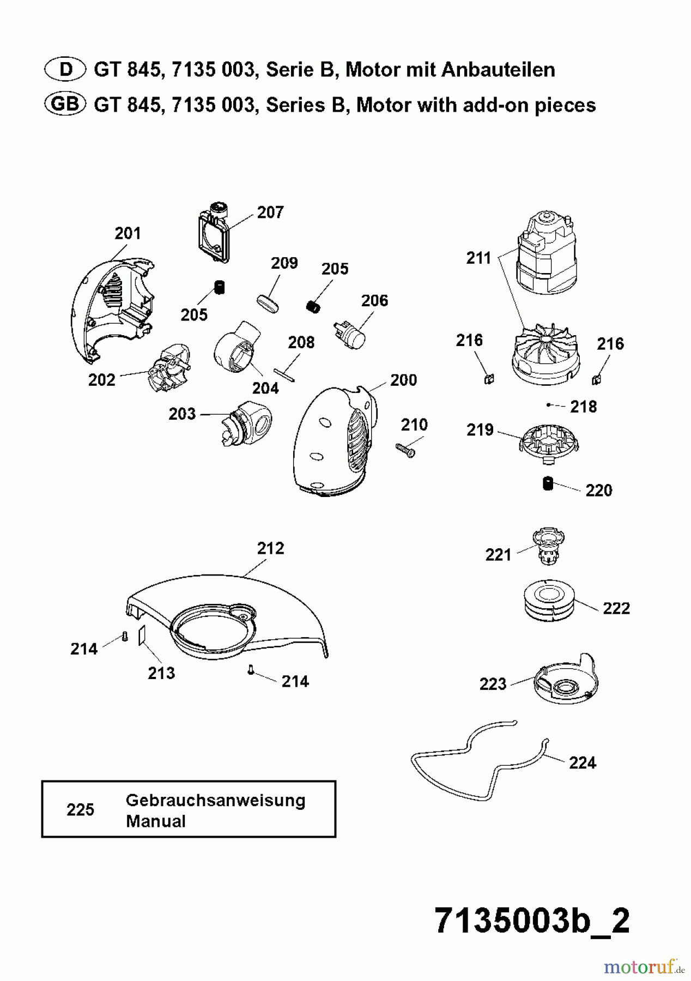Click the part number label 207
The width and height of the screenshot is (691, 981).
(x=270, y=212)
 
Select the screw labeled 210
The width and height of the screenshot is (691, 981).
(x=405, y=450)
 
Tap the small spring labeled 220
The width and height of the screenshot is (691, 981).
(x=548, y=483)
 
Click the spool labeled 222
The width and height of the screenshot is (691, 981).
(x=549, y=600)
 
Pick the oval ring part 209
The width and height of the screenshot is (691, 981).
(x=268, y=303)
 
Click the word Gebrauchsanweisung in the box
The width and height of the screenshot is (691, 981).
(x=215, y=801)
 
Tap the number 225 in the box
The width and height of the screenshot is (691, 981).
(x=80, y=810)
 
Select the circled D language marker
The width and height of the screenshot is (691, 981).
(x=65, y=69)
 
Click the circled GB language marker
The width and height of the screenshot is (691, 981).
(x=65, y=104)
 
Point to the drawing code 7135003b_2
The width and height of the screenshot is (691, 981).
(x=532, y=922)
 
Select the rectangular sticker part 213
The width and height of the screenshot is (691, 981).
(x=142, y=635)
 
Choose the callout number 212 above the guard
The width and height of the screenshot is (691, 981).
(x=270, y=548)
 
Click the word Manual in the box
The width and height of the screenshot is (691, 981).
(x=156, y=821)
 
